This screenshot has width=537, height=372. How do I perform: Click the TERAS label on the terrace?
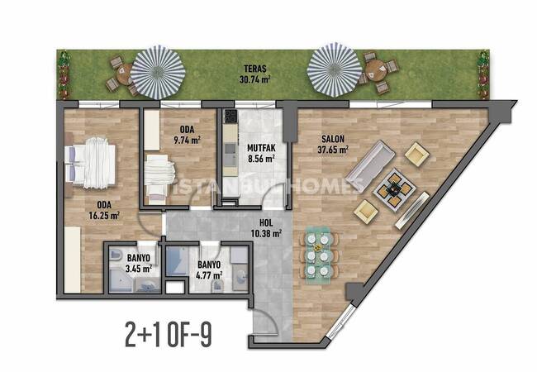tap(255, 69)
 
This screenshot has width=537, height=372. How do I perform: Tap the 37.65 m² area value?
tap(333, 150)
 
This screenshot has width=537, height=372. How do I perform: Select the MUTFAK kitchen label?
tap(261, 148)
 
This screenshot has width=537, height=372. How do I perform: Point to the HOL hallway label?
tap(266, 222)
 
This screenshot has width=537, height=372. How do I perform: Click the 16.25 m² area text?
tap(104, 216)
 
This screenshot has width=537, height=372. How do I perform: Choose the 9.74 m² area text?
tap(187, 140)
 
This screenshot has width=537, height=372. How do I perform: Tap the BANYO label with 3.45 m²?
tap(138, 258)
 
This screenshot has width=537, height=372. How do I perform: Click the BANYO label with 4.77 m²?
tap(209, 265)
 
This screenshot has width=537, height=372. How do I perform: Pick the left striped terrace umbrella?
tap(158, 71)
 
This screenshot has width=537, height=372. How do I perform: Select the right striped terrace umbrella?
tap(335, 70)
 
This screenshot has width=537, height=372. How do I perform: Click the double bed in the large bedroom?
tap(90, 163)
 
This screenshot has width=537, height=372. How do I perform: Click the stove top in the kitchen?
tap(230, 117)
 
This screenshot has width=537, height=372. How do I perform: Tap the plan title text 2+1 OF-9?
tap(169, 336)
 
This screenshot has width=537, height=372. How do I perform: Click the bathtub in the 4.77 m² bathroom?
tap(178, 262)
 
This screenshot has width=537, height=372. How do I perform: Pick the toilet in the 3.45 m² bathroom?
tap(115, 255)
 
